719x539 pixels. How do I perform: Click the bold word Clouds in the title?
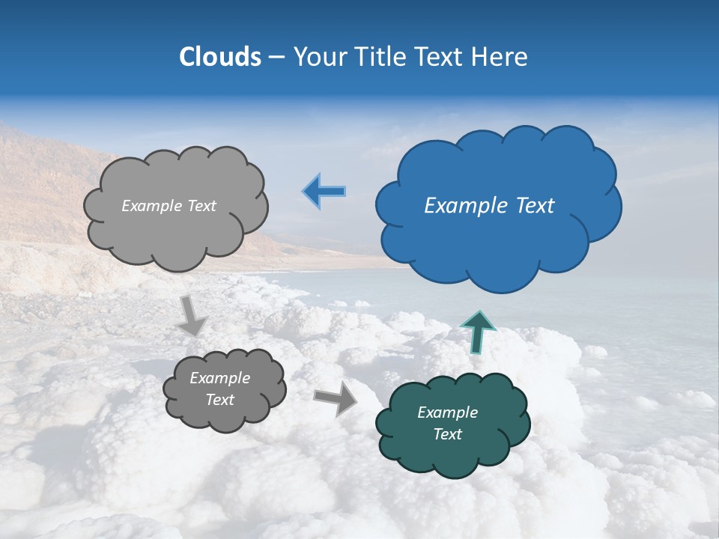tap(219, 57)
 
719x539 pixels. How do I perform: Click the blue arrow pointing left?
tap(324, 191)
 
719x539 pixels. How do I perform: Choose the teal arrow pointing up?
tap(478, 331)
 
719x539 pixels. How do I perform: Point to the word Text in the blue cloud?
tap(535, 206)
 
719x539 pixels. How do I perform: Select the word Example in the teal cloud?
tap(447, 412)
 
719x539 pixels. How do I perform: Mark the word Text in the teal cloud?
tap(447, 434)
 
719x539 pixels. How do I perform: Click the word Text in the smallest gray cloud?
tap(219, 400)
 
